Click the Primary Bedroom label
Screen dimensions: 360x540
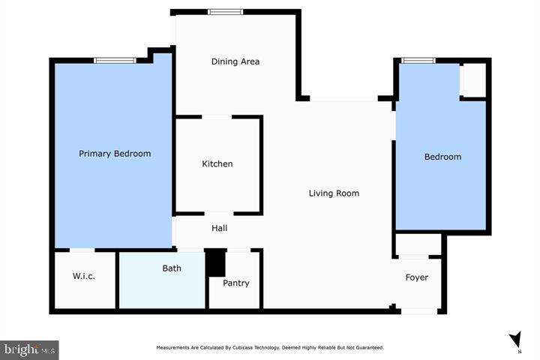coord(115,154)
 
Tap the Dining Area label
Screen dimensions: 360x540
coord(235,61)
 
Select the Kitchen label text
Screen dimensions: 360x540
coord(217,163)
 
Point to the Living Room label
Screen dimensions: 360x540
coord(334,193)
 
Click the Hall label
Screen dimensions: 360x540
coord(219,228)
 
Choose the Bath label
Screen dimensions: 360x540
coord(172,268)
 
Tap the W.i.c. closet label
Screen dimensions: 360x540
coord(83,276)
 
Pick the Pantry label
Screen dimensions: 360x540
coord(235,283)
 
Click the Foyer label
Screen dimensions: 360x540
coord(416,277)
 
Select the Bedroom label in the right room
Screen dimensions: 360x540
coord(442,157)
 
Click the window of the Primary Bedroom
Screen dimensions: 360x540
coord(115,60)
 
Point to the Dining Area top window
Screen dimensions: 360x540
coord(225,11)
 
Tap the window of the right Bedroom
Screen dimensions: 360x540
coord(418,60)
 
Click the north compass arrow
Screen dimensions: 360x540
coord(514,340)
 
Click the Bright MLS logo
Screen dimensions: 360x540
coord(29,349)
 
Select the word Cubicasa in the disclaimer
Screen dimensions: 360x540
coord(248,347)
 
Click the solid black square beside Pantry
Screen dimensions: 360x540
coord(215,263)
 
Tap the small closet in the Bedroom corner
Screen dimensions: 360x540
coord(472,79)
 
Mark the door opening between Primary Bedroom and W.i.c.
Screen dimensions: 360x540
coord(82,249)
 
